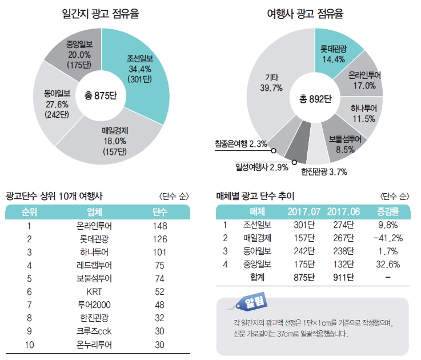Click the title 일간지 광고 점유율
click(x=100, y=13)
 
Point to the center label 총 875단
click(x=100, y=94)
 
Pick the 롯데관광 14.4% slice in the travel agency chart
click(x=335, y=50)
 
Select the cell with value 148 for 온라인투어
click(x=160, y=226)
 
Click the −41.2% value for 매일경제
click(x=388, y=238)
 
